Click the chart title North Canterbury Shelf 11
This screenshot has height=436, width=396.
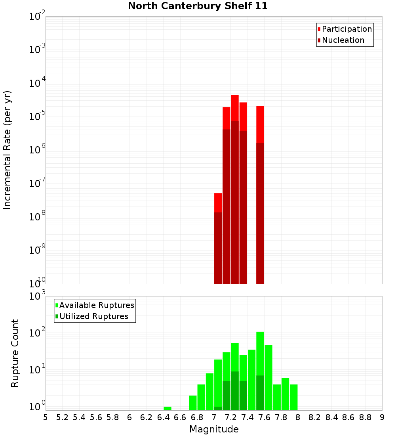pyautogui.click(x=198, y=6)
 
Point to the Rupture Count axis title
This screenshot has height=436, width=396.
pyautogui.click(x=15, y=353)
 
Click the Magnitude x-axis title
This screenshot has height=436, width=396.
pyautogui.click(x=214, y=429)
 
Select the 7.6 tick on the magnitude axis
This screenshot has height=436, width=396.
pyautogui.click(x=264, y=417)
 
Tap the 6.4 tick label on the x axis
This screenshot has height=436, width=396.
pyautogui.click(x=163, y=417)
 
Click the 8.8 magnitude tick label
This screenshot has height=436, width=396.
pyautogui.click(x=365, y=417)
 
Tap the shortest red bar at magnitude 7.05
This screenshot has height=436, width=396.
pyautogui.click(x=218, y=203)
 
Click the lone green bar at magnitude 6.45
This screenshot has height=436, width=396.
pyautogui.click(x=168, y=408)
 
